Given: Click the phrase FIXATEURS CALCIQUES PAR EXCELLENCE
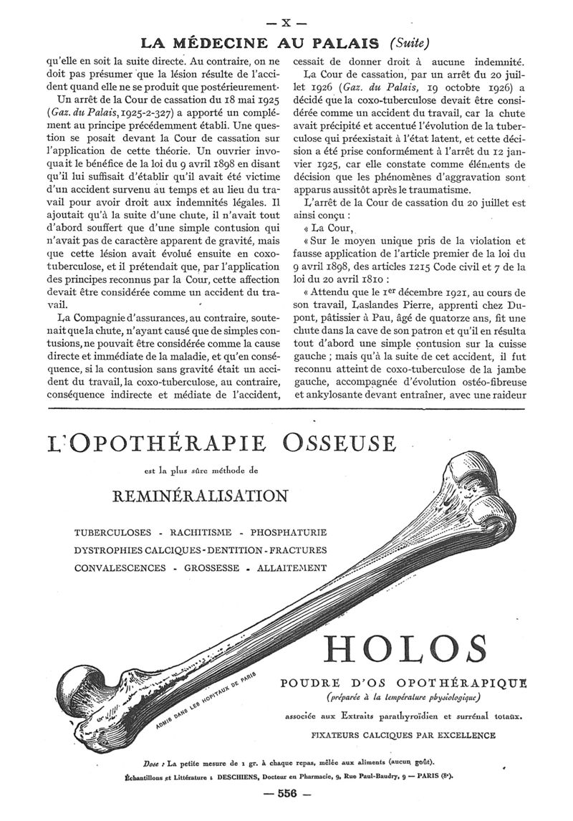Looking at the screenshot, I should click(403, 734).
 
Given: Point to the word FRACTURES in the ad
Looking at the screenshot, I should click(299, 550).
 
